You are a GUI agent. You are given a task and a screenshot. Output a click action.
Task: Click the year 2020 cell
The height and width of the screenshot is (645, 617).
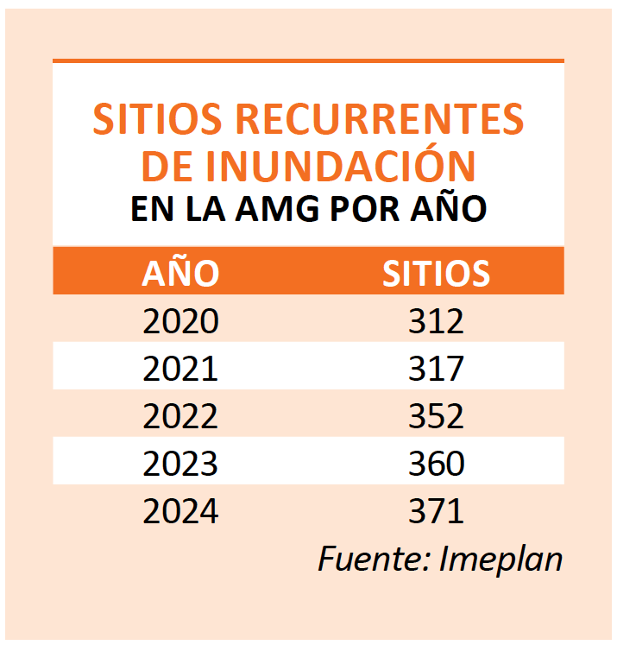(181, 322)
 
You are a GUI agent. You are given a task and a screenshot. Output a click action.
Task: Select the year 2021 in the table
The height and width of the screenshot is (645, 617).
(181, 370)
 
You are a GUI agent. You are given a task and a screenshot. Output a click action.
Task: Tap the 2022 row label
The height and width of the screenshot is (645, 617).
(181, 417)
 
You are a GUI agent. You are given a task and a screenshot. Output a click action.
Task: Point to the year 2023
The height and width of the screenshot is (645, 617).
(181, 465)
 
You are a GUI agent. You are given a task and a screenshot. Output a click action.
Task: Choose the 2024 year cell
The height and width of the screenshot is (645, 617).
(181, 512)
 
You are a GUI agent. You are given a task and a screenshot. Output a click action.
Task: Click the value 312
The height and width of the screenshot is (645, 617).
(437, 322)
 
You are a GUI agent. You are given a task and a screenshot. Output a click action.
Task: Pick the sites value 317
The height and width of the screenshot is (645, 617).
(437, 370)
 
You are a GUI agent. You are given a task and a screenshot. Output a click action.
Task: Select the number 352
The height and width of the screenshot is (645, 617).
(437, 417)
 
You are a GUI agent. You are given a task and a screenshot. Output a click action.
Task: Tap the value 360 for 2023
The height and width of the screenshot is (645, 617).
(437, 465)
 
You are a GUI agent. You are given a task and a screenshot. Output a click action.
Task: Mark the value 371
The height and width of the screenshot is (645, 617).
(437, 512)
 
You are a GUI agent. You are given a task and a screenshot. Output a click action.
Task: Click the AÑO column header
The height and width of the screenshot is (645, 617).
(180, 273)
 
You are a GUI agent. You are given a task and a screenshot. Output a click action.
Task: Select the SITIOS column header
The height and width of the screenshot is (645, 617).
(437, 273)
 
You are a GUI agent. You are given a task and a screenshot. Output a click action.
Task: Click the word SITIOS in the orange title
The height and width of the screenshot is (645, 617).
(158, 120)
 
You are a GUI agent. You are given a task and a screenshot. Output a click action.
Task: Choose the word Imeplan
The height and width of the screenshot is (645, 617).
(501, 560)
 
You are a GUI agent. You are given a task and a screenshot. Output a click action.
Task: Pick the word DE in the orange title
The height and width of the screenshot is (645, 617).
(167, 166)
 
